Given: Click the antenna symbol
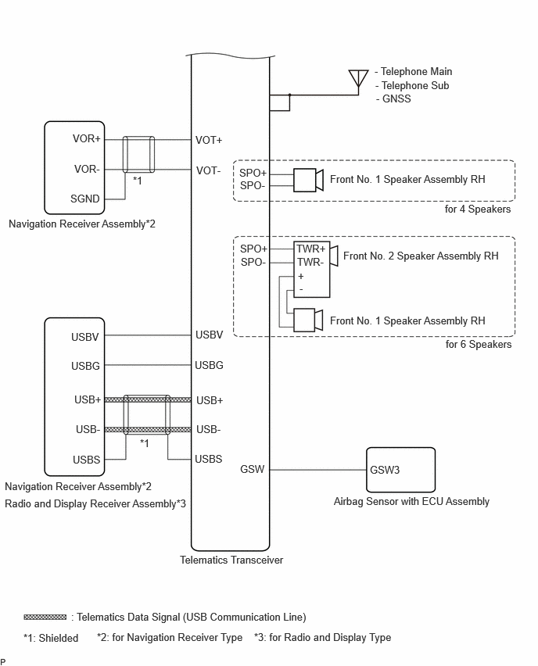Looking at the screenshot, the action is pyautogui.click(x=358, y=80).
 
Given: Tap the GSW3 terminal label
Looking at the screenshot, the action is pyautogui.click(x=385, y=470).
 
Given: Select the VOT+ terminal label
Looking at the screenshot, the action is pyautogui.click(x=209, y=140).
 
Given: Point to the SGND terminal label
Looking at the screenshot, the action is pyautogui.click(x=85, y=199).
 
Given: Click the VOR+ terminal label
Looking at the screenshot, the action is pyautogui.click(x=87, y=139).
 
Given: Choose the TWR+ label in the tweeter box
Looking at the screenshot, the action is pyautogui.click(x=310, y=249).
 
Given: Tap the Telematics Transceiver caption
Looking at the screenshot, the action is pyautogui.click(x=231, y=560).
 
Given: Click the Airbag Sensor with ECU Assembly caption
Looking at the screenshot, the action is pyautogui.click(x=411, y=502).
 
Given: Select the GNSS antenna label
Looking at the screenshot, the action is pyautogui.click(x=393, y=99).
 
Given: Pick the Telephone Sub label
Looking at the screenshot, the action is pyautogui.click(x=412, y=86).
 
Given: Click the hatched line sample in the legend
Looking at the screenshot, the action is pyautogui.click(x=45, y=617).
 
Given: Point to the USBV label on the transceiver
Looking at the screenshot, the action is pyautogui.click(x=209, y=335).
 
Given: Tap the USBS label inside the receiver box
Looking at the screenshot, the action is pyautogui.click(x=86, y=460).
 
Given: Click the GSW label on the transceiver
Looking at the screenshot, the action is pyautogui.click(x=252, y=469).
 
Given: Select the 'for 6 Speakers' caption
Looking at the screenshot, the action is pyautogui.click(x=479, y=345).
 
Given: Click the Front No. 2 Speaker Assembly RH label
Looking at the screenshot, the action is pyautogui.click(x=421, y=256).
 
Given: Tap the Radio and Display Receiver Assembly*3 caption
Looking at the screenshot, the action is pyautogui.click(x=95, y=503).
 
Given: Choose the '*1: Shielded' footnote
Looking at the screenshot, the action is pyautogui.click(x=51, y=638).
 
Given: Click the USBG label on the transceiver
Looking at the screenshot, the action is pyautogui.click(x=209, y=365).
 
